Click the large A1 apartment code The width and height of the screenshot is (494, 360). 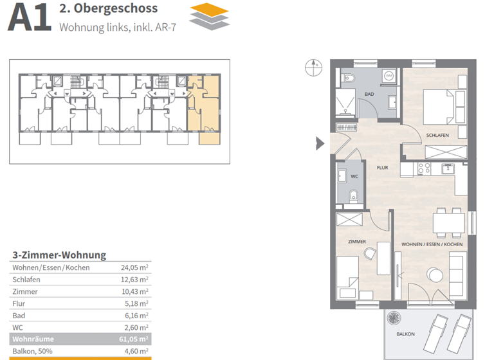(28, 17)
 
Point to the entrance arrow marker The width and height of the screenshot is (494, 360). (320, 143)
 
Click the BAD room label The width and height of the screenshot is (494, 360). (369, 94)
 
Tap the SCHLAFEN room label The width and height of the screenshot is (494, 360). (437, 135)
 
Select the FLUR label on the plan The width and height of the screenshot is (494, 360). (382, 167)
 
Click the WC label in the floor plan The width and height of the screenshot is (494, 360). (354, 176)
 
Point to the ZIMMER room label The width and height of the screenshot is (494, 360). (356, 242)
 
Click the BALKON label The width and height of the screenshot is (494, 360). (405, 334)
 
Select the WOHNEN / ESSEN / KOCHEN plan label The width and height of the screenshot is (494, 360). (432, 245)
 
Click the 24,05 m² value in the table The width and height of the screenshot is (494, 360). (135, 267)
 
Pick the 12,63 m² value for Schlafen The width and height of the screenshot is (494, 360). (135, 280)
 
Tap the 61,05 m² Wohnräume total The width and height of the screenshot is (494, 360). (134, 339)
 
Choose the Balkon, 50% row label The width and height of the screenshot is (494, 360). (32, 351)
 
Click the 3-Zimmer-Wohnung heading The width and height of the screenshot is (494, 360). (59, 255)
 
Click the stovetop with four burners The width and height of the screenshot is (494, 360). (424, 168)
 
